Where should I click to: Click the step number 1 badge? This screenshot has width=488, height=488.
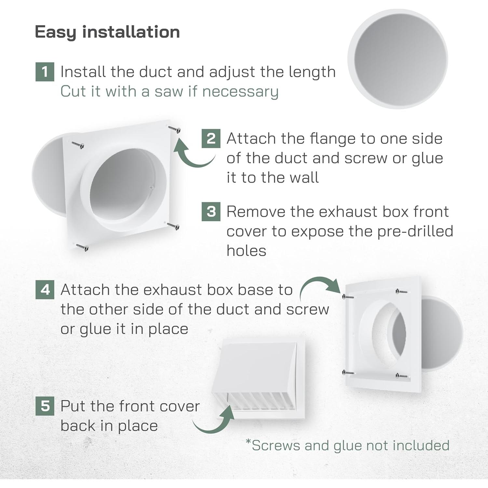pyautogui.click(x=45, y=72)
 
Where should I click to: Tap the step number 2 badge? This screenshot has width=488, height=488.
pyautogui.click(x=211, y=139)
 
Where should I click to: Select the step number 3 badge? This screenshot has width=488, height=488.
pyautogui.click(x=211, y=212)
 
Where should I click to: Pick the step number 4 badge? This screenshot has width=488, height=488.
pyautogui.click(x=45, y=290)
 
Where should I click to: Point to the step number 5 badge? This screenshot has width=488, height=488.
pyautogui.click(x=45, y=406)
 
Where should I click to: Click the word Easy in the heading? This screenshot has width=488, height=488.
pyautogui.click(x=55, y=32)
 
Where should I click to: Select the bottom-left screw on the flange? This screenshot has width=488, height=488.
pyautogui.click(x=82, y=247)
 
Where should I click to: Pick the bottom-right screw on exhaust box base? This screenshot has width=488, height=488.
pyautogui.click(x=401, y=376)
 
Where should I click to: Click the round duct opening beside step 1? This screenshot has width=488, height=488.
pyautogui.click(x=398, y=59)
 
